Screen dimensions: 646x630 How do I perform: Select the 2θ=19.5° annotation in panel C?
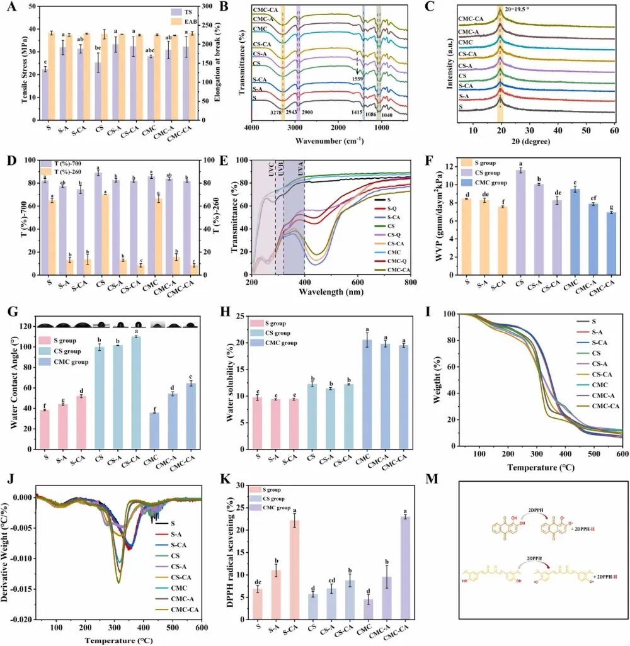coord(517,11)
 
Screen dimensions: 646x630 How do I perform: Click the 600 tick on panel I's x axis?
coord(621,455)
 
